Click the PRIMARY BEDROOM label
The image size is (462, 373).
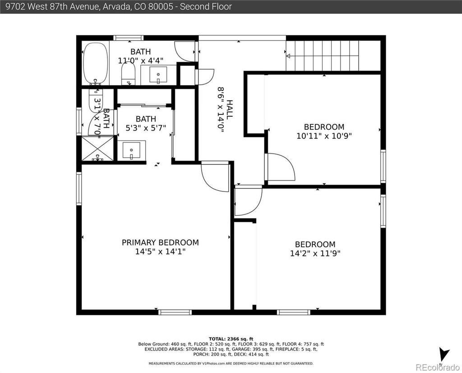(x=160, y=242)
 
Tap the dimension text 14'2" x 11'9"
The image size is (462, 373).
(x=315, y=253)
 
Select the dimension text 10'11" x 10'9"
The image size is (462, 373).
(x=324, y=136)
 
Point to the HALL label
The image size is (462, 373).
(x=230, y=109)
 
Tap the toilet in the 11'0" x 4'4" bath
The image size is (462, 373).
(x=128, y=74)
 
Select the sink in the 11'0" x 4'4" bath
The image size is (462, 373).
(x=158, y=75)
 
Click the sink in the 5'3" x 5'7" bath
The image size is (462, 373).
(x=131, y=150)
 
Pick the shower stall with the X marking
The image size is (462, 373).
(x=97, y=148)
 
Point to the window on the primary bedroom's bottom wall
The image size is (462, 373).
(x=175, y=312)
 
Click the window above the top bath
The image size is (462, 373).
(x=129, y=38)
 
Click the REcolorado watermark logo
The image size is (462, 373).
(x=437, y=367)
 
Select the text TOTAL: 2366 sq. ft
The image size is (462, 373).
(x=231, y=339)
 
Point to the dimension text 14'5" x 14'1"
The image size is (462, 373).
(x=160, y=252)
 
